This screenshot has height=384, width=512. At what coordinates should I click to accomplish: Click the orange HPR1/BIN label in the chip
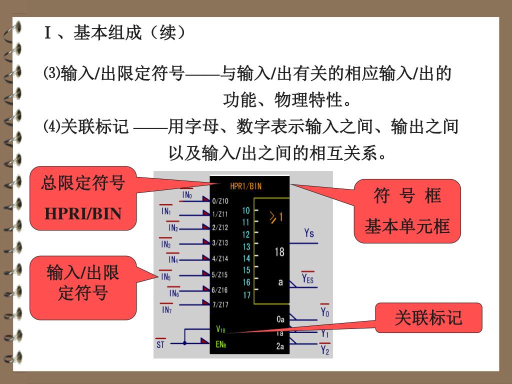tap(245, 186)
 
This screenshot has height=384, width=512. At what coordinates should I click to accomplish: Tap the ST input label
tap(160, 344)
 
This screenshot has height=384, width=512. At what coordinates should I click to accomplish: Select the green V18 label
tap(220, 329)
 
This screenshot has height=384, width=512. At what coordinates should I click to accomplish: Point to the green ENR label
tap(221, 344)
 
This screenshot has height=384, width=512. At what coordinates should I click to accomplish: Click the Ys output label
tap(309, 233)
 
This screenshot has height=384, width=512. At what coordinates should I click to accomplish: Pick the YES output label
tap(308, 278)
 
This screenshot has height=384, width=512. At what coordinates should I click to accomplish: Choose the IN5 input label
tap(166, 276)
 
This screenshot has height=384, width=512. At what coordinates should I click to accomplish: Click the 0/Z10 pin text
tap(220, 201)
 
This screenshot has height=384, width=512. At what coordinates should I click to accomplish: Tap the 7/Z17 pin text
tap(220, 304)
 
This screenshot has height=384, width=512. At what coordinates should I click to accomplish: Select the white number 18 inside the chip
tap(279, 251)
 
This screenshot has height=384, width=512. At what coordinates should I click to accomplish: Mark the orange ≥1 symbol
tap(276, 217)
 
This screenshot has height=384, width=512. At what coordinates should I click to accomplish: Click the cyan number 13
tap(246, 246)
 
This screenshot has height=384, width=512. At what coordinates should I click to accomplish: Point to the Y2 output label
tap(325, 350)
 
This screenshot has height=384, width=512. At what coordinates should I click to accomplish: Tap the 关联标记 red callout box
tap(428, 318)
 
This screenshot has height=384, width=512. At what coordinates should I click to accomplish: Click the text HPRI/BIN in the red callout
tap(83, 214)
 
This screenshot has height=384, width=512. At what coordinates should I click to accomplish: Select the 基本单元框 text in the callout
tap(407, 227)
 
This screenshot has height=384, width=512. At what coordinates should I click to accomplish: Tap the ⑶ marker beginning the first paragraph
tap(52, 74)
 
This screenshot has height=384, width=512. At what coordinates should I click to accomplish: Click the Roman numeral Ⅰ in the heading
tap(48, 33)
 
